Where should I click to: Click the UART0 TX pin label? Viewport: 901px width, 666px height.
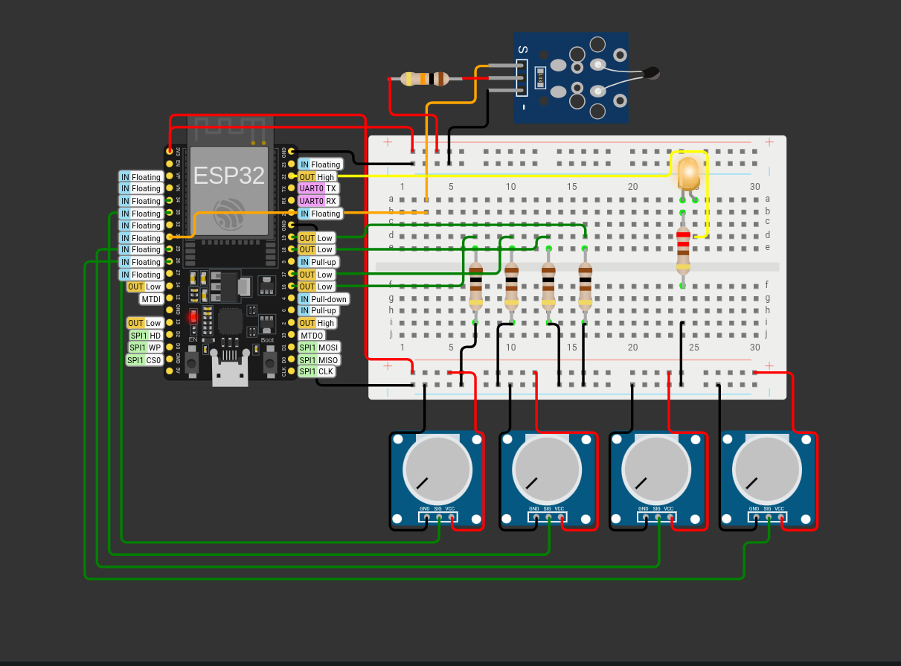click(318, 189)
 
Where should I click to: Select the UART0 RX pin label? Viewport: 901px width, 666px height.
click(318, 201)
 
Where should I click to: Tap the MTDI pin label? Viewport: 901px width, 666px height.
click(151, 299)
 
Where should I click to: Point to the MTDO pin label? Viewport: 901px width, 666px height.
click(312, 336)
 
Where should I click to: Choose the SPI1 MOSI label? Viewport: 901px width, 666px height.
click(318, 348)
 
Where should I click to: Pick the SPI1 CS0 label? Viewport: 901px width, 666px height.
click(145, 360)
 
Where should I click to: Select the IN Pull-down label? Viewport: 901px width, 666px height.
click(323, 299)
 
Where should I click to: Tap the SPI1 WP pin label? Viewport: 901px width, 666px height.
click(145, 348)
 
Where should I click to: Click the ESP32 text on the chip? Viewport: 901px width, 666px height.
click(229, 176)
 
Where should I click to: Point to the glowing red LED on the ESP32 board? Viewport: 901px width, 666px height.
click(193, 316)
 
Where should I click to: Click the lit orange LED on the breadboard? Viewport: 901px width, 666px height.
click(688, 173)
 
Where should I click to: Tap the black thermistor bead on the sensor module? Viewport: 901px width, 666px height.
click(651, 73)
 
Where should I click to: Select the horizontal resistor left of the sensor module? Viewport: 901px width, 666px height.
click(424, 78)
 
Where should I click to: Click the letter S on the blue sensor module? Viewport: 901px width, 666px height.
click(523, 50)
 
